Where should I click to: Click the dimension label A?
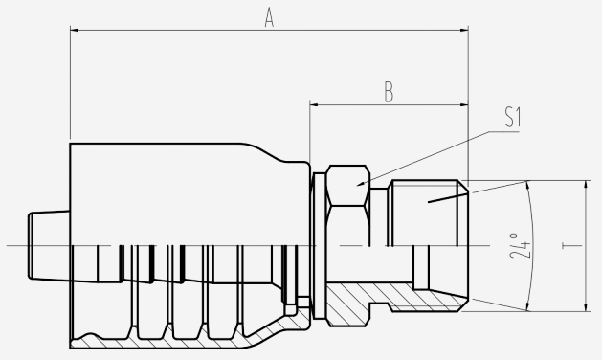pos(270,18)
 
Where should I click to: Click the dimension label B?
pos(389,93)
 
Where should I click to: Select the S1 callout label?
pos(513,117)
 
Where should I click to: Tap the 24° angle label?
pos(520,245)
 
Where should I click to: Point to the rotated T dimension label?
pos(567,245)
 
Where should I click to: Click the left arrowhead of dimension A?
pos(75,30)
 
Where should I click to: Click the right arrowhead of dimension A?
pos(464,30)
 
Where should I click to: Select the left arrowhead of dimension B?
pos(315,104)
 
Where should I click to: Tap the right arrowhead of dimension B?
pos(464,104)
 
